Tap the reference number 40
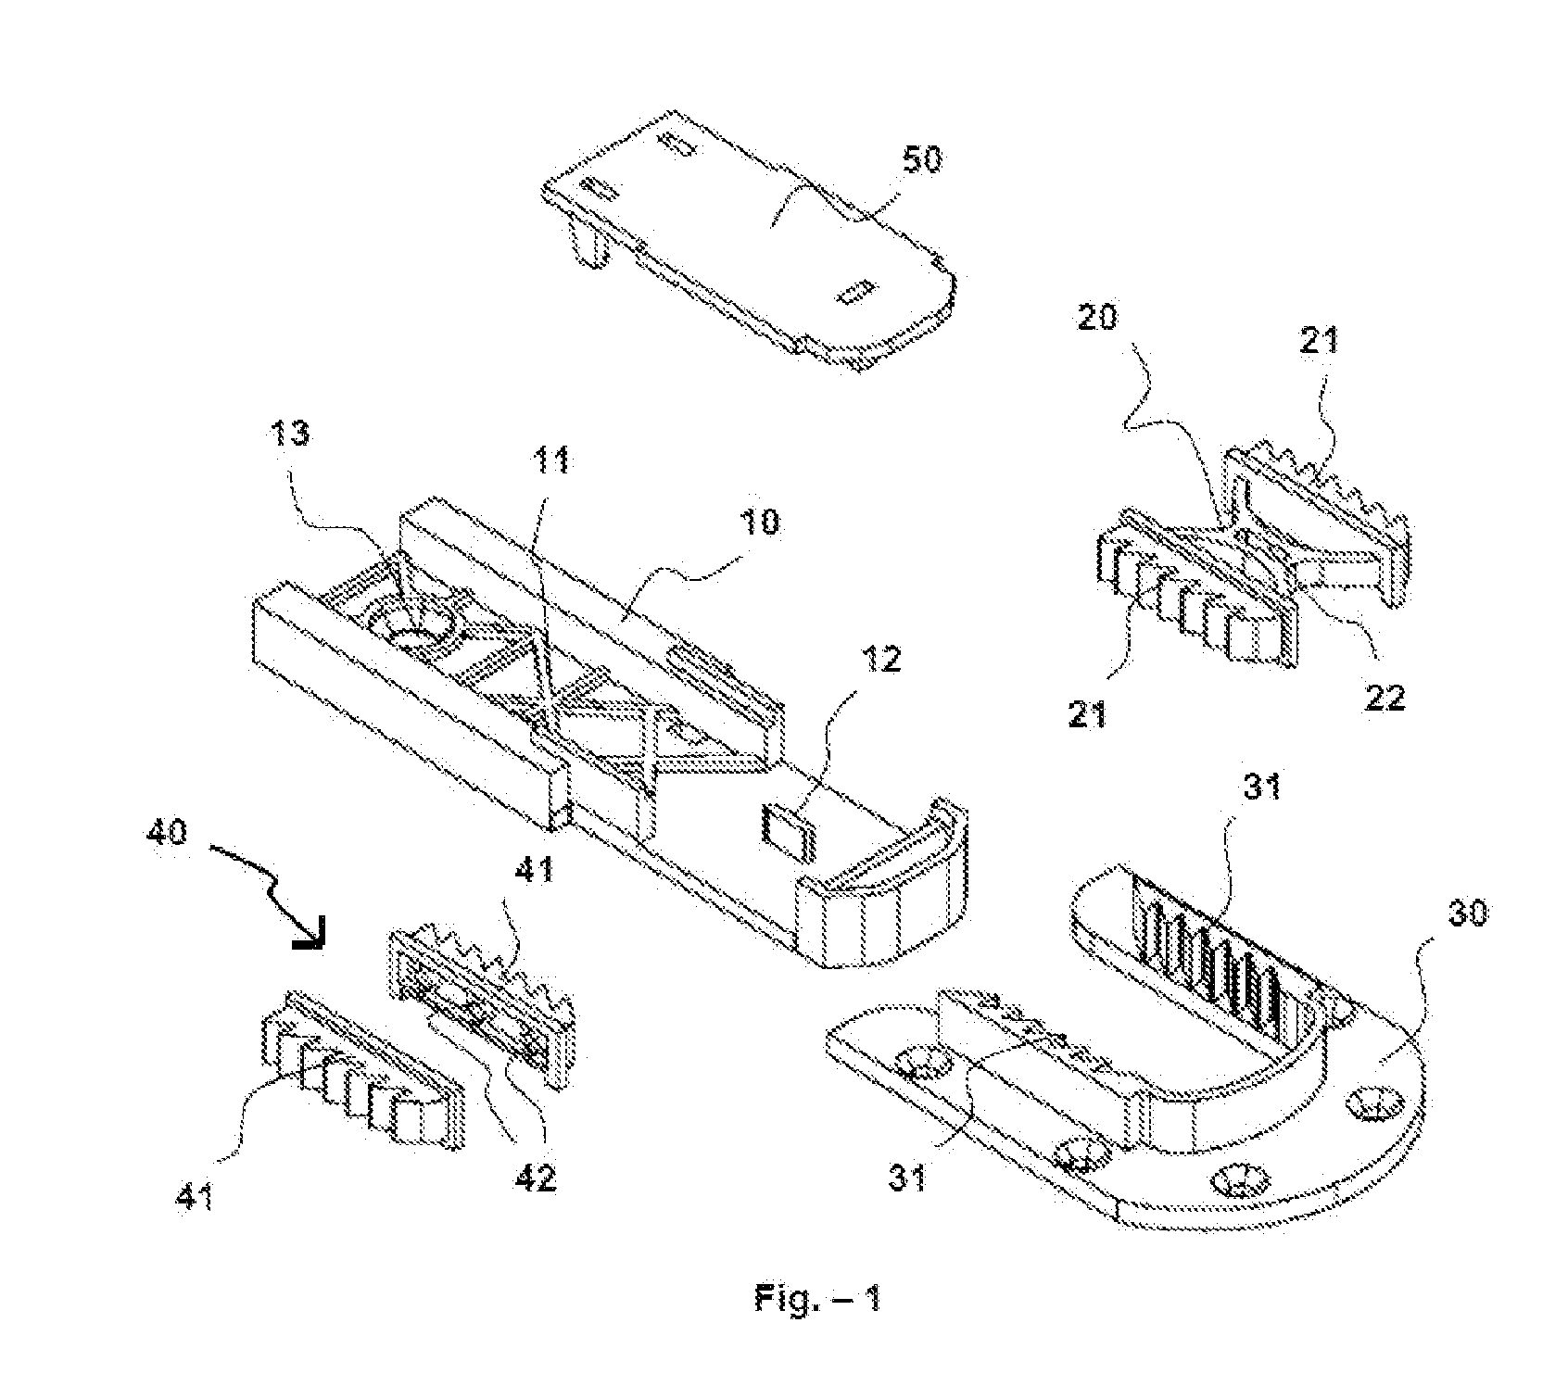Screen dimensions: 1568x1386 167,831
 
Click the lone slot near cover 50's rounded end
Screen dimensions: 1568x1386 851,296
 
